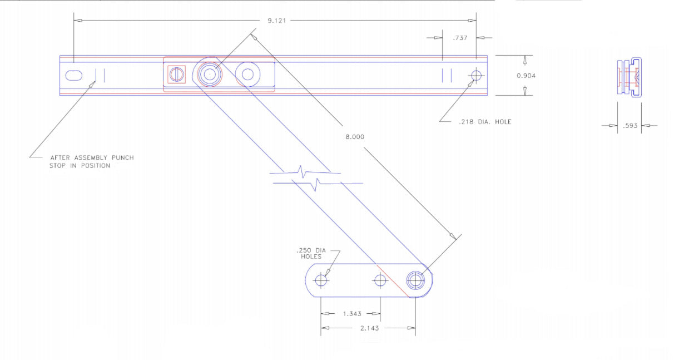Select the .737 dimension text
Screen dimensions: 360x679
pos(459,38)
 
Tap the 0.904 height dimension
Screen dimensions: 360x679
pos(526,76)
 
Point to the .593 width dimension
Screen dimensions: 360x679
pos(630,126)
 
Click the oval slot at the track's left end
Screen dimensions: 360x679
pos(75,75)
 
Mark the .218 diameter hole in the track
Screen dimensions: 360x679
pos(475,75)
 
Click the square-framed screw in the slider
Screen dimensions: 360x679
pos(176,74)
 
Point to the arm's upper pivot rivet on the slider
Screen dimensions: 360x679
pos(210,73)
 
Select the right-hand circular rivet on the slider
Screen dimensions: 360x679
pos(247,73)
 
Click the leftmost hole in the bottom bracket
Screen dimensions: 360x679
pos(321,280)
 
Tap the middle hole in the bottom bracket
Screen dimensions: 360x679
pos(380,280)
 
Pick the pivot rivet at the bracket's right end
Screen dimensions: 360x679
pos(415,280)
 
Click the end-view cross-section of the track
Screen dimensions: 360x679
pos(630,77)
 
